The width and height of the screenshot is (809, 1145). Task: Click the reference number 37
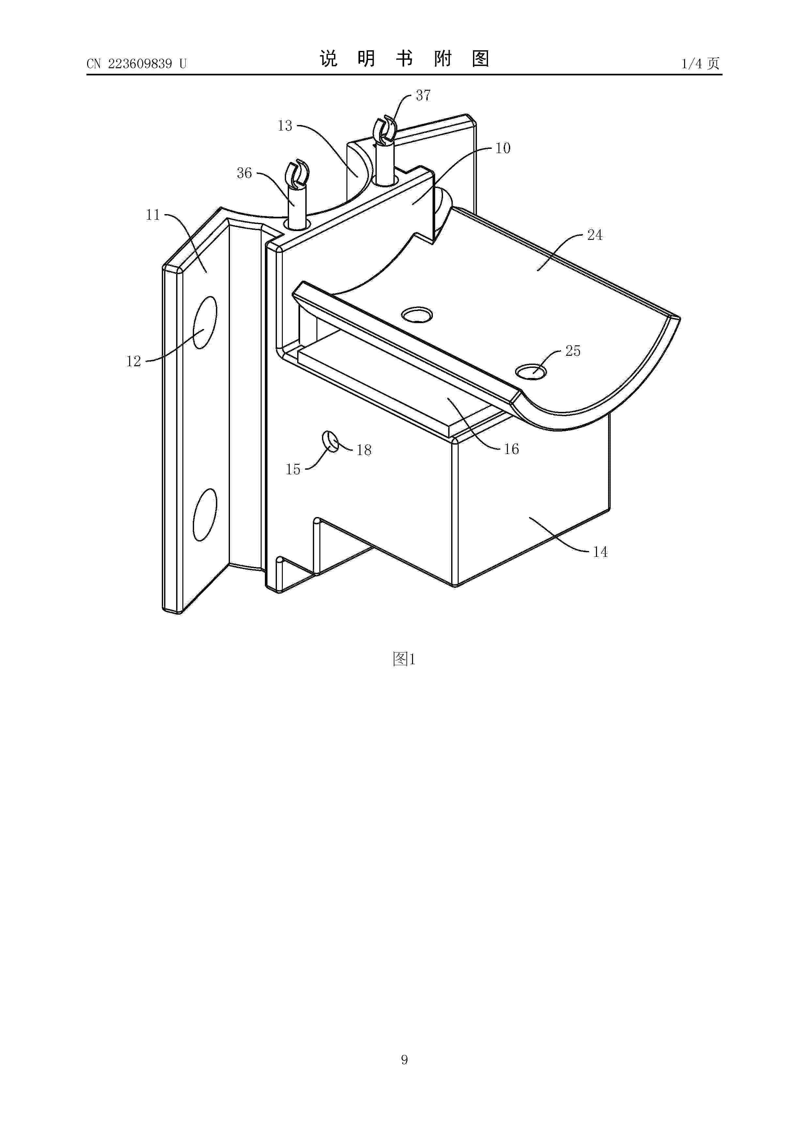coord(423,95)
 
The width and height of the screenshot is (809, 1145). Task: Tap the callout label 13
coord(285,126)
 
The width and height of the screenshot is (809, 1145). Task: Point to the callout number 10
coord(503,148)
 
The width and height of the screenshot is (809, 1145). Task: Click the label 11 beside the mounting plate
coord(153,215)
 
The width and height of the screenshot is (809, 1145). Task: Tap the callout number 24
coord(595,235)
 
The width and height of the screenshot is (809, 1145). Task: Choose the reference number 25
coord(573,351)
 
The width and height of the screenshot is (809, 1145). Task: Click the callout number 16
coord(511,449)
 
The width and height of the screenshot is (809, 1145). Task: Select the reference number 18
coord(364,450)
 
